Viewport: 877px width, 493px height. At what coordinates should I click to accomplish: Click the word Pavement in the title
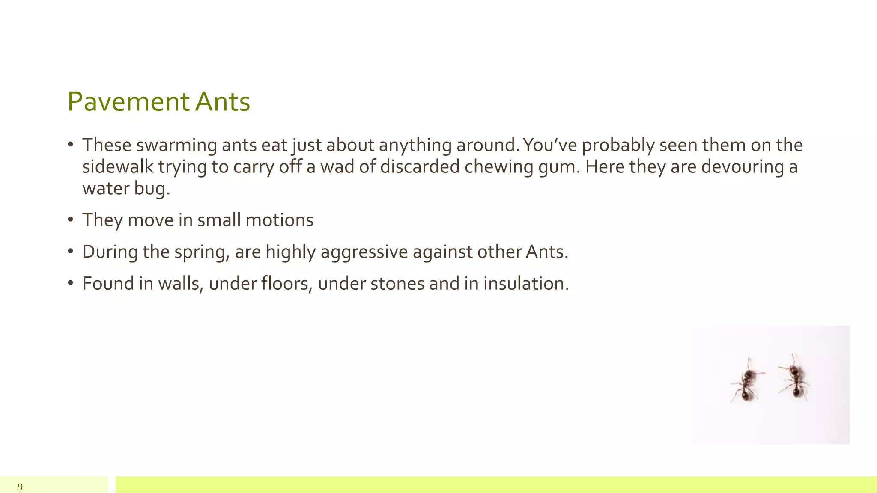tap(128, 102)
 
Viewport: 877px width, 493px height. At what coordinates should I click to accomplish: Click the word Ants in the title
tap(222, 102)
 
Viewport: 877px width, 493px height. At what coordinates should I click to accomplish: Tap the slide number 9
tap(20, 487)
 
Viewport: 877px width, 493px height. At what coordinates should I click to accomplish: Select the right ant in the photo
tap(795, 377)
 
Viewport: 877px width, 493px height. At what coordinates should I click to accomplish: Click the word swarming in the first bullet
tap(176, 146)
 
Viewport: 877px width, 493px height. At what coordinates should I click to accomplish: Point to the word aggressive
tap(364, 252)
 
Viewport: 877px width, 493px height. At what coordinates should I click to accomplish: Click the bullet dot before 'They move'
tap(71, 220)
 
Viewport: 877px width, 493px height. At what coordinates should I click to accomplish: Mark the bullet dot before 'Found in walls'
tap(71, 283)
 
